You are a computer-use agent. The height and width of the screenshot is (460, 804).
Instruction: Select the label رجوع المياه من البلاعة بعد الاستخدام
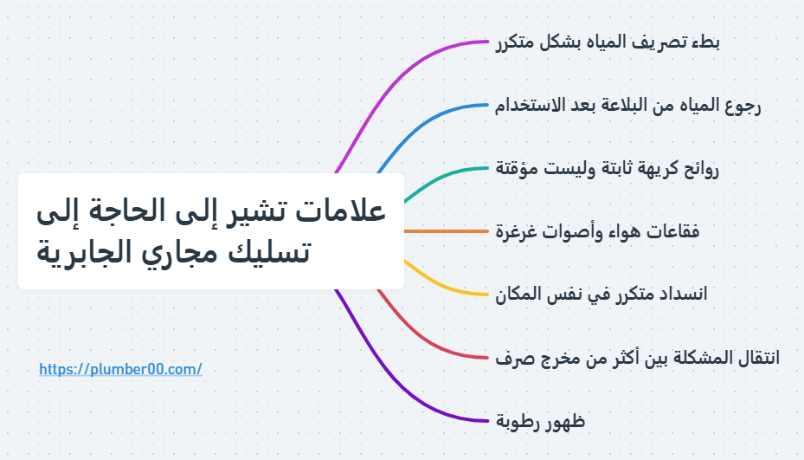click(628, 106)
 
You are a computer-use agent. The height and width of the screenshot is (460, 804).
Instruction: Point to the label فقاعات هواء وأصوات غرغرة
click(597, 231)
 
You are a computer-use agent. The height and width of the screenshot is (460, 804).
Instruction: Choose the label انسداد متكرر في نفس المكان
click(601, 294)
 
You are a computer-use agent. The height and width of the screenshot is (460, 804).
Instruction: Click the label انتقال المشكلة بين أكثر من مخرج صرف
click(637, 357)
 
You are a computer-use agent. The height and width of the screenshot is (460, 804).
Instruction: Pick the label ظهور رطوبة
click(541, 421)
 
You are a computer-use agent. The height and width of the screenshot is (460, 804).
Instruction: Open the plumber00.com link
click(120, 369)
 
